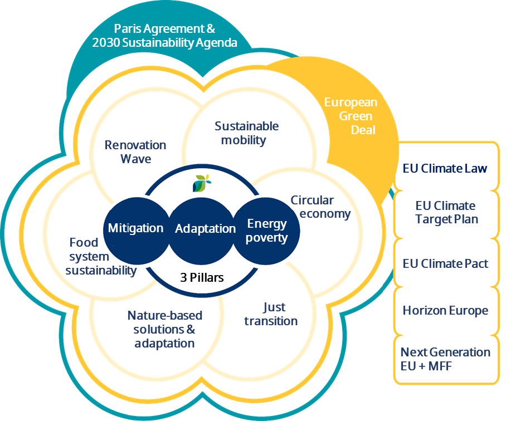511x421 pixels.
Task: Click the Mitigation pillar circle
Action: pos(135,228)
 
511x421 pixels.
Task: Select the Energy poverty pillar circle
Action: pos(267,231)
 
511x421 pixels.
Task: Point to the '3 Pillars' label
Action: pos(202,277)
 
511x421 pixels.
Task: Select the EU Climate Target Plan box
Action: pos(446,213)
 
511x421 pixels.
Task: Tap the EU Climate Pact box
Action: pos(445,263)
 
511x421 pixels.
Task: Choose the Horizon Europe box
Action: pos(445,311)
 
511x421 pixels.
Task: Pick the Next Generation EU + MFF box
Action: pos(445,359)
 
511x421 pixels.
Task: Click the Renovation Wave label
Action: pos(135,151)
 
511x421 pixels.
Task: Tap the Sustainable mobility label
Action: pos(246,133)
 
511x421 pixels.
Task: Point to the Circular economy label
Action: pos(320,207)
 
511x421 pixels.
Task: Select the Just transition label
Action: pos(271,314)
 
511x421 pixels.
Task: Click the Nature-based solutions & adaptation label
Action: pos(164,329)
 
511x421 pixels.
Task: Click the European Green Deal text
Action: pos(351,116)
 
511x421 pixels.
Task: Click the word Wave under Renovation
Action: pos(135,159)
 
